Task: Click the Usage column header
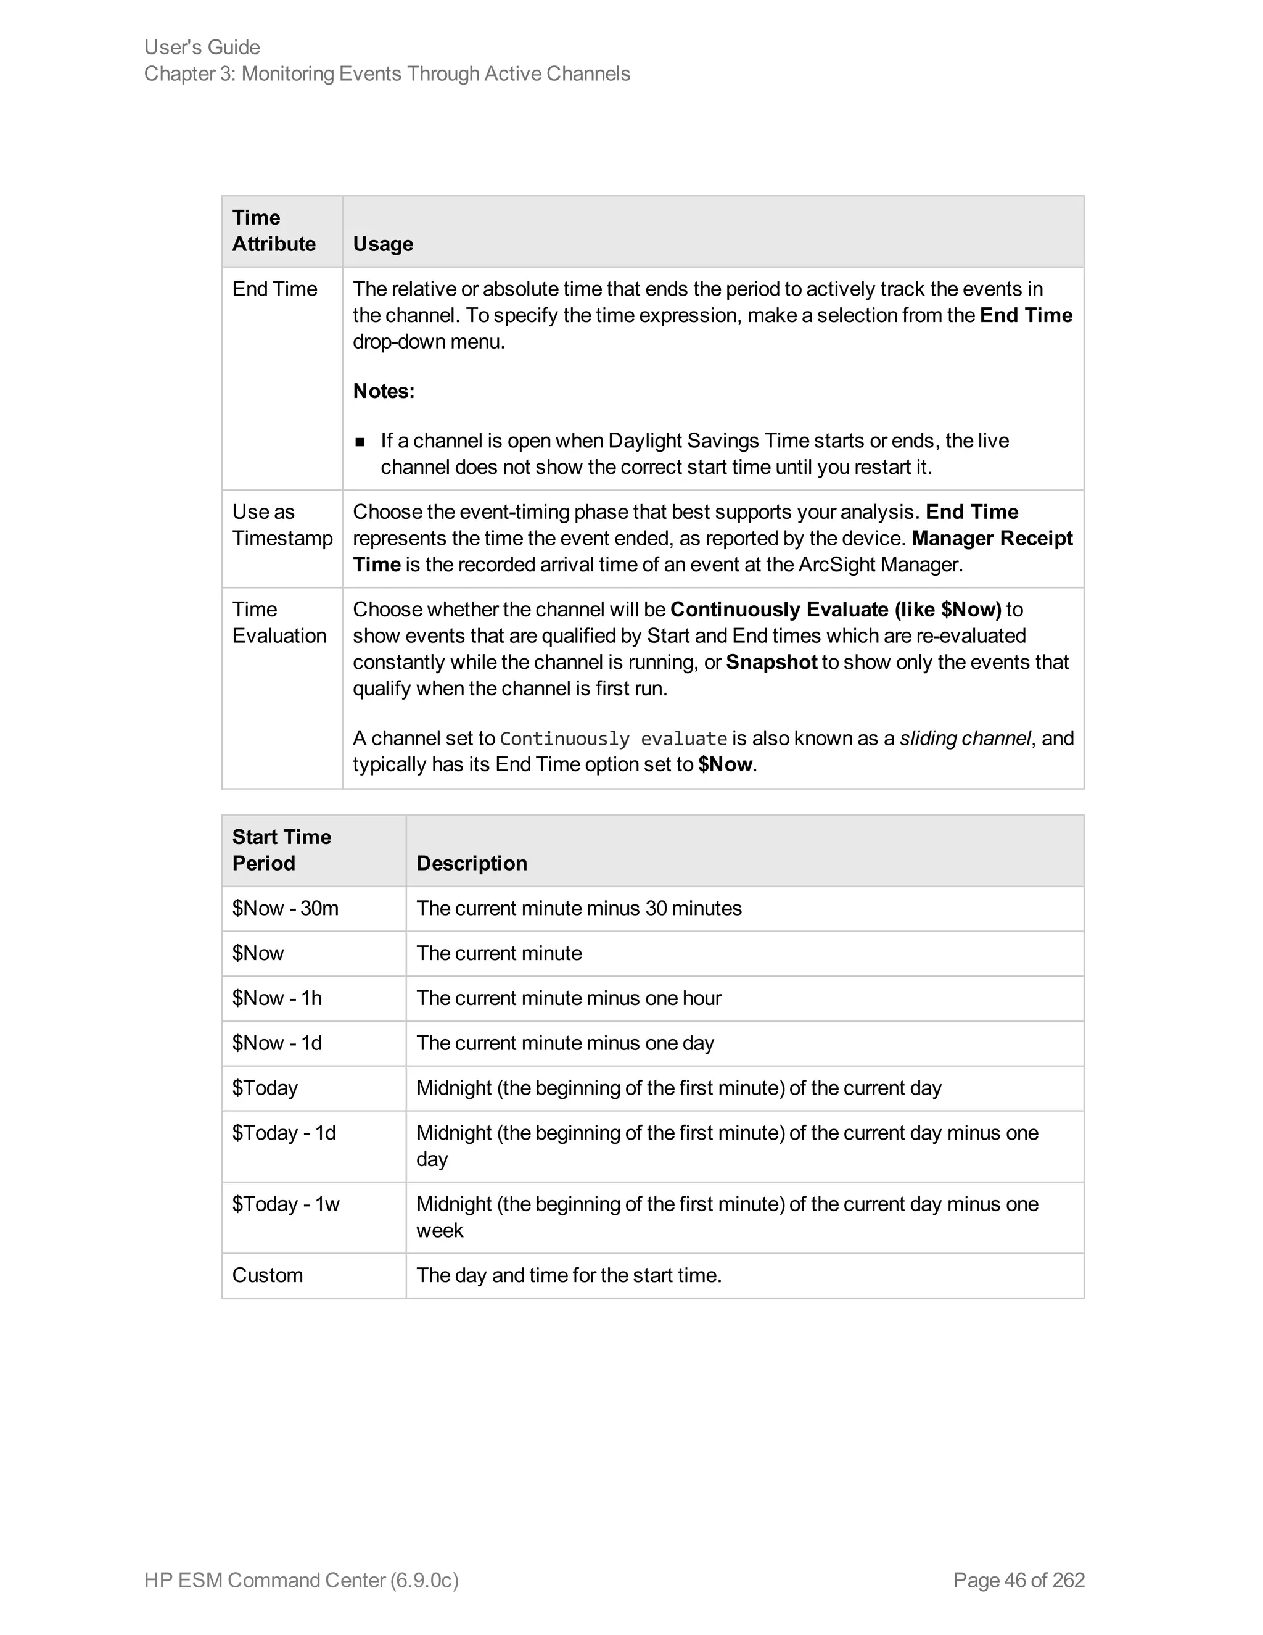(x=382, y=244)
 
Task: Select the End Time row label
(x=274, y=289)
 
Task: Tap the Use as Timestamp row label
(x=281, y=525)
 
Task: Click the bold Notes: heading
(x=383, y=391)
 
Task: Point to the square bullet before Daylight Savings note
(x=360, y=442)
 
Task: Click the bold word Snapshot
(x=771, y=663)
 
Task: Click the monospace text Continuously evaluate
(x=613, y=740)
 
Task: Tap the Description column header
(x=471, y=863)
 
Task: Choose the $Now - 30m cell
(x=285, y=908)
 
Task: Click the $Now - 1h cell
(x=277, y=998)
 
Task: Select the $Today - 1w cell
(x=285, y=1204)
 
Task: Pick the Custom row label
(x=267, y=1275)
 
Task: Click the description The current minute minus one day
(x=565, y=1043)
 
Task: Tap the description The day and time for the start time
(x=569, y=1275)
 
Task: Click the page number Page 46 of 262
(x=1018, y=1580)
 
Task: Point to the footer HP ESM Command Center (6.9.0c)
(x=301, y=1580)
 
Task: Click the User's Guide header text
(x=202, y=47)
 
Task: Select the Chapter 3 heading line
(x=387, y=74)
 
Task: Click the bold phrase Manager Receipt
(x=992, y=538)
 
